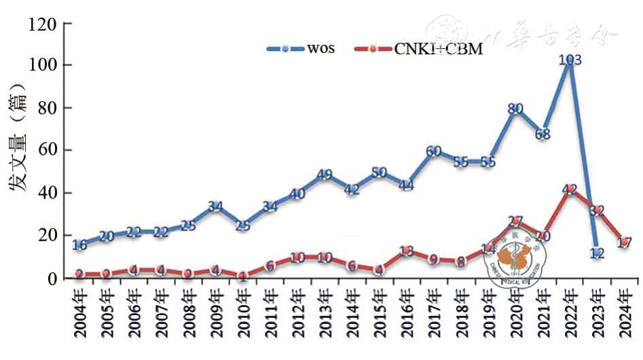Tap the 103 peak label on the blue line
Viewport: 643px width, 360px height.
[570, 60]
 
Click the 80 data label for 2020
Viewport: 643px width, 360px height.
[515, 109]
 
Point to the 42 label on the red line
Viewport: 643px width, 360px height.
[570, 190]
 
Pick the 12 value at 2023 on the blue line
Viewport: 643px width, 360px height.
[598, 254]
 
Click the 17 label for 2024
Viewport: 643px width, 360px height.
[625, 242]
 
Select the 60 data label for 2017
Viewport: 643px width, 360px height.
[433, 151]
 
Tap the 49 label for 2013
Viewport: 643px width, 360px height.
[324, 175]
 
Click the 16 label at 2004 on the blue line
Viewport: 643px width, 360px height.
[79, 245]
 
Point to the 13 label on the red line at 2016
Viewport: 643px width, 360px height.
[406, 251]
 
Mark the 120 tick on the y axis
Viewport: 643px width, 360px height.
[41, 24]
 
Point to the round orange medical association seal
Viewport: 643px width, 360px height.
[514, 258]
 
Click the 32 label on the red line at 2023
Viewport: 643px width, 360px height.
[598, 211]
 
